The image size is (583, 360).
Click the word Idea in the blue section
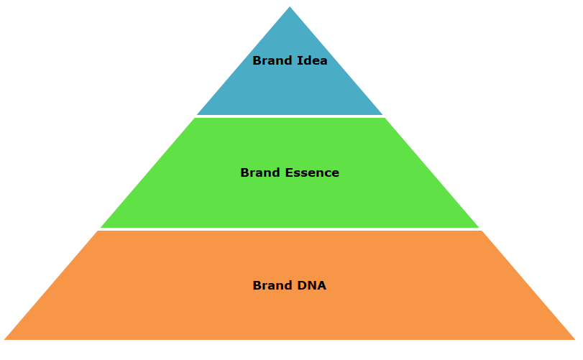[x=312, y=60]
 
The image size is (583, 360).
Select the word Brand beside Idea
[x=272, y=60]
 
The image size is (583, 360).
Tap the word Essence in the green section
[x=312, y=172]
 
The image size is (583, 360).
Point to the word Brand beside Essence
[x=260, y=172]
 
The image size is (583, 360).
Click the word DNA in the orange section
[x=311, y=285]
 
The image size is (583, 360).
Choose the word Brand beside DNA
[x=272, y=285]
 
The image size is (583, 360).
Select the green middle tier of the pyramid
[x=290, y=193]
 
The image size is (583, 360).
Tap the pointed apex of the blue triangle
[x=290, y=6]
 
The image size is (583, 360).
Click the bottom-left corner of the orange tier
[x=4, y=340]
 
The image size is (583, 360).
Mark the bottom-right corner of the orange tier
[x=575, y=340]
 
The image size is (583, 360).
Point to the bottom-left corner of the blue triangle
[x=197, y=115]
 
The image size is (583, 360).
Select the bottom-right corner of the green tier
[x=479, y=227]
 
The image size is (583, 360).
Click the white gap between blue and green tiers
[x=290, y=116]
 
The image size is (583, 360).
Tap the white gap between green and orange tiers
[x=290, y=229]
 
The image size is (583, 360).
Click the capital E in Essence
[x=289, y=172]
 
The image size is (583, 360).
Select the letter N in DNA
[x=311, y=285]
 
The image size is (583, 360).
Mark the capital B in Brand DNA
[x=257, y=285]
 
